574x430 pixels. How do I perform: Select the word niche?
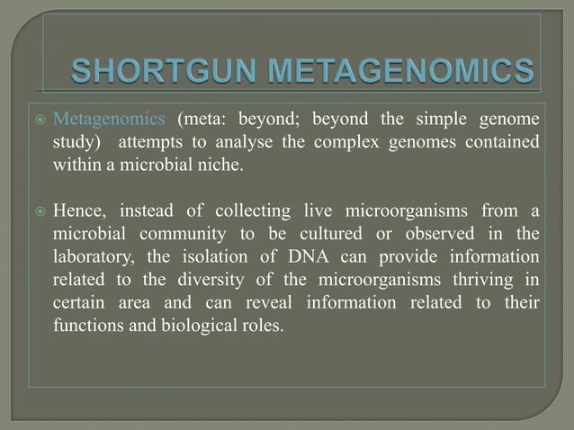pyautogui.click(x=220, y=166)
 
